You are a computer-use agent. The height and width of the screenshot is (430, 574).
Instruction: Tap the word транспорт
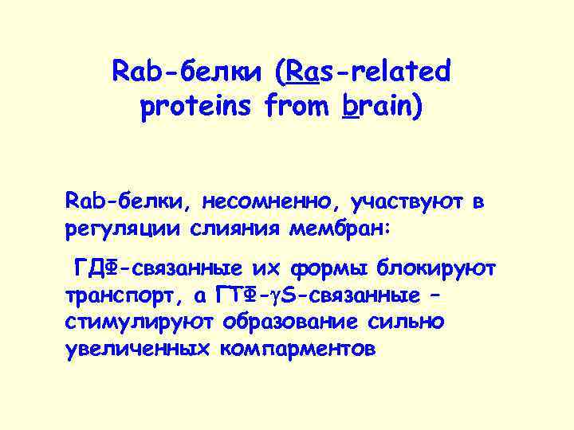[x=124, y=296]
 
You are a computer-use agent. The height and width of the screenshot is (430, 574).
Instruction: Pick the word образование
[x=290, y=322]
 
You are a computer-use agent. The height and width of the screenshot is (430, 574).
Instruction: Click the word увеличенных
[x=136, y=350]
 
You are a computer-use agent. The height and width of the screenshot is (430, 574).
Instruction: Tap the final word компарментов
[x=294, y=350]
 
